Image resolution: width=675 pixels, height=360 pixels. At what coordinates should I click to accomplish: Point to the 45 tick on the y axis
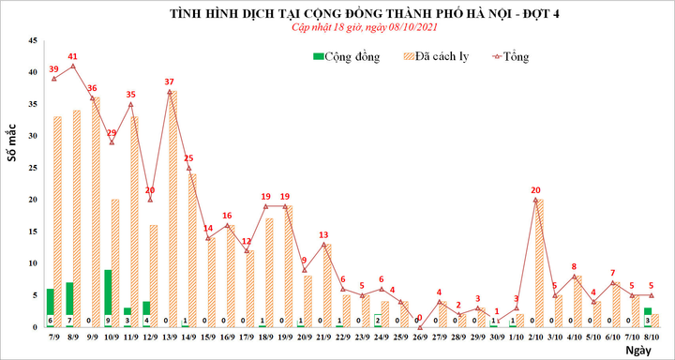34,41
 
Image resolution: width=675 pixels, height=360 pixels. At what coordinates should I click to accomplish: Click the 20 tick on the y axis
34,200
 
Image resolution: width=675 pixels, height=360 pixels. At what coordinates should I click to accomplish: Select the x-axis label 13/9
170,335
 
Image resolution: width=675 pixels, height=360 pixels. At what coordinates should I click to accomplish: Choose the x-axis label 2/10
535,335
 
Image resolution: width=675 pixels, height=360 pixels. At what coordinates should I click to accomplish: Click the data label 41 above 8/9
73,56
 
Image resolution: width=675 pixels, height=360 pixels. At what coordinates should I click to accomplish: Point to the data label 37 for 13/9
170,82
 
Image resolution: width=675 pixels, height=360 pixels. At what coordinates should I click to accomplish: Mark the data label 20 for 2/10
535,189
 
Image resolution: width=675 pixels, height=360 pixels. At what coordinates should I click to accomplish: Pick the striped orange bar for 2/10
539,262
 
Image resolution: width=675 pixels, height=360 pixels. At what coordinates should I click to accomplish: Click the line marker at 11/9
130,104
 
